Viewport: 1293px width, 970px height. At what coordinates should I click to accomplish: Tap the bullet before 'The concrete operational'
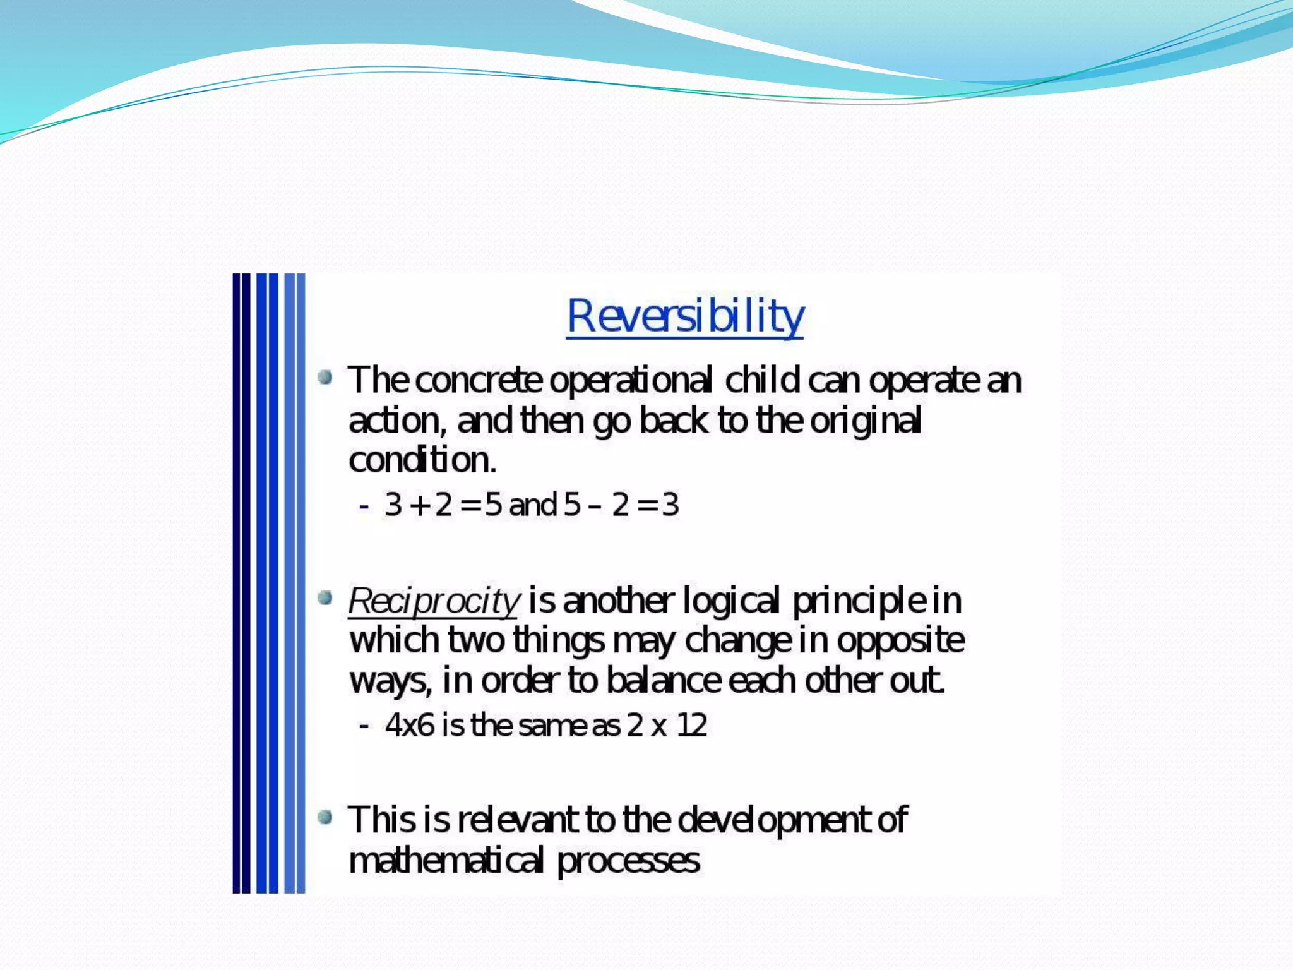coord(325,378)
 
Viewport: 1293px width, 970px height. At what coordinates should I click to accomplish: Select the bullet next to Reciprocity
coord(325,597)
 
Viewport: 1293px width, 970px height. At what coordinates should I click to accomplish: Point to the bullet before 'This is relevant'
coord(325,818)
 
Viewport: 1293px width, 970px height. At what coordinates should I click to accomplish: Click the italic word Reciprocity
coord(434,601)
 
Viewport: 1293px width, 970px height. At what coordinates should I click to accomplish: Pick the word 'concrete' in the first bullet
coord(479,380)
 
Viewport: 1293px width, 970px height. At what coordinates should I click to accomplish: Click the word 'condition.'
coord(422,460)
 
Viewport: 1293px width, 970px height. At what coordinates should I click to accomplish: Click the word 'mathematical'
coord(445,861)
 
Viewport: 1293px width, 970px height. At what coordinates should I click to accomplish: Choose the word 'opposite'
coord(900,641)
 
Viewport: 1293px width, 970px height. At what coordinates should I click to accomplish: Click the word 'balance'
coord(663,681)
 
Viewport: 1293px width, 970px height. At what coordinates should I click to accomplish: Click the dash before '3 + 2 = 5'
coord(364,506)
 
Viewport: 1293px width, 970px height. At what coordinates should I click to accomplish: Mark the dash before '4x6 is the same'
coord(364,726)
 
